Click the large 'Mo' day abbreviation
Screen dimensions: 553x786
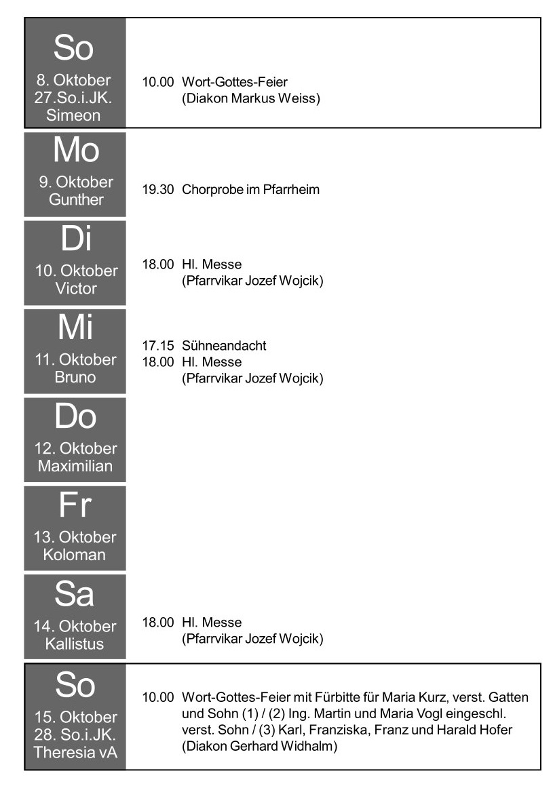(76, 150)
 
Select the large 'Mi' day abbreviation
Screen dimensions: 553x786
(75, 327)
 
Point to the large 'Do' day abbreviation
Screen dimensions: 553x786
(75, 416)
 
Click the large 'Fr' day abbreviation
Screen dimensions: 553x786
(75, 505)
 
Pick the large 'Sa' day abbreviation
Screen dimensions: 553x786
(74, 593)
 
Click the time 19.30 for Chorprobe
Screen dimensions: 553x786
(158, 189)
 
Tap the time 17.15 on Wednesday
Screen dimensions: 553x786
(158, 345)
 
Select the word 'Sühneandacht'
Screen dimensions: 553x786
(224, 345)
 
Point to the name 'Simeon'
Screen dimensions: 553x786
(73, 115)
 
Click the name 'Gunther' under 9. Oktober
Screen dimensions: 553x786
(76, 199)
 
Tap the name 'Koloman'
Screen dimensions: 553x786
(74, 555)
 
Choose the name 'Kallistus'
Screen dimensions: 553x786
(74, 644)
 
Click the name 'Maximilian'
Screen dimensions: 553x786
(75, 466)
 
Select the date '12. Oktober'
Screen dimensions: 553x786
(76, 448)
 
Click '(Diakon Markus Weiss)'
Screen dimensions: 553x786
(250, 98)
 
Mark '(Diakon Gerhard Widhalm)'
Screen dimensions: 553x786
(260, 746)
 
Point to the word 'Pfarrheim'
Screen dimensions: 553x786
(291, 189)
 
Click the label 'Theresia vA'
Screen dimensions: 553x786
(75, 752)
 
